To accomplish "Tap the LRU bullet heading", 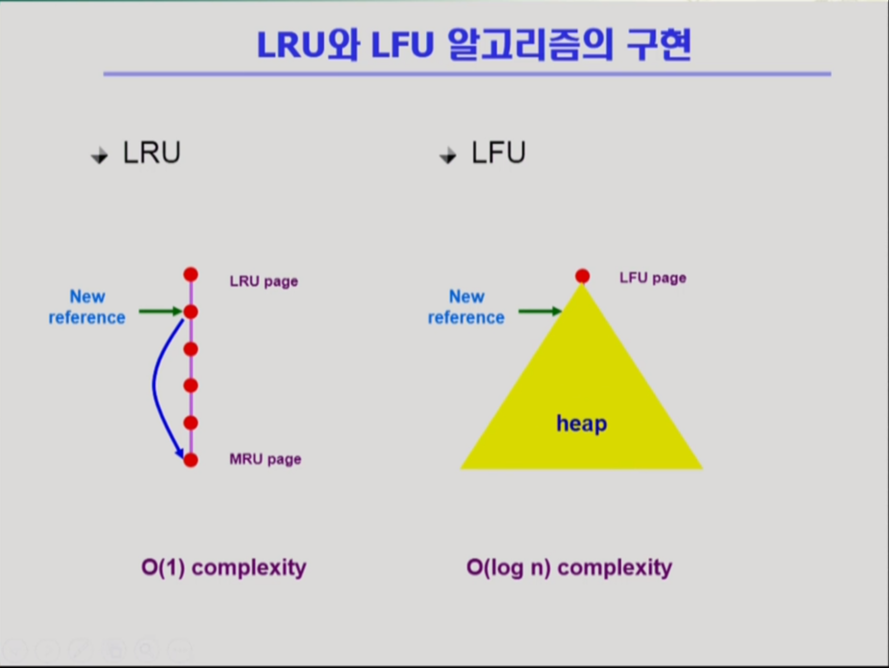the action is [152, 153].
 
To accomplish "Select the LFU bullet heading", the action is [499, 153].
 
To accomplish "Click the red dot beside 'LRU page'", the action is [191, 274].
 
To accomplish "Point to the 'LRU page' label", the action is [264, 282].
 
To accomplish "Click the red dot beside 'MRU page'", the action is [191, 460].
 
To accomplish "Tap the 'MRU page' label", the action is [265, 459].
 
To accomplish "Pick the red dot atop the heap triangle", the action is [583, 276].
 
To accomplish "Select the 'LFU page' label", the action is [652, 278].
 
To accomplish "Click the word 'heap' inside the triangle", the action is [582, 423].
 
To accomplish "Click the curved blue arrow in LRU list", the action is [154, 386].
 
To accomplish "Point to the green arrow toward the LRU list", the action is [160, 312].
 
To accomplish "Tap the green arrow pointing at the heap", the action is [540, 312].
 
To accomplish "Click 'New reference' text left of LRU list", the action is [87, 307].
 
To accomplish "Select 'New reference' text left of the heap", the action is [466, 307].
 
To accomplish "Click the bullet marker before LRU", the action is [99, 155].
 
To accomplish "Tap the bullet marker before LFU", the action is [448, 155].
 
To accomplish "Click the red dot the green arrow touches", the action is [191, 312].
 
